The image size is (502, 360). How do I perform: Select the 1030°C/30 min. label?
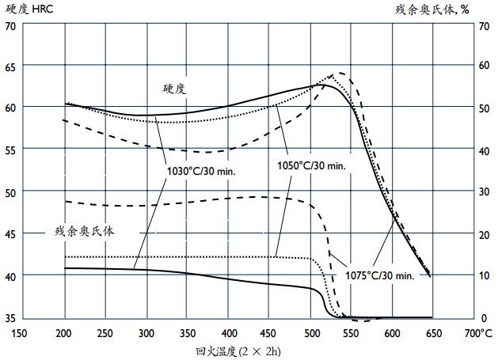(202, 169)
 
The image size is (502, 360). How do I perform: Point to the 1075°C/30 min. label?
(380, 275)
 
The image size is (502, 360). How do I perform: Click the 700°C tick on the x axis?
(479, 333)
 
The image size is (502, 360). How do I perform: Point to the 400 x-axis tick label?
(228, 333)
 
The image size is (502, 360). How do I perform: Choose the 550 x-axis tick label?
(351, 333)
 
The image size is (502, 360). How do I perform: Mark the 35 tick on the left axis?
(10, 318)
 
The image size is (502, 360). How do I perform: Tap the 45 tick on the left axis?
(10, 234)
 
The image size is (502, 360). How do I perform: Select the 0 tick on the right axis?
(484, 318)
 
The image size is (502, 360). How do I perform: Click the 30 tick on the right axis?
(484, 192)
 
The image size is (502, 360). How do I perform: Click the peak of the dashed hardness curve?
(341, 73)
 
